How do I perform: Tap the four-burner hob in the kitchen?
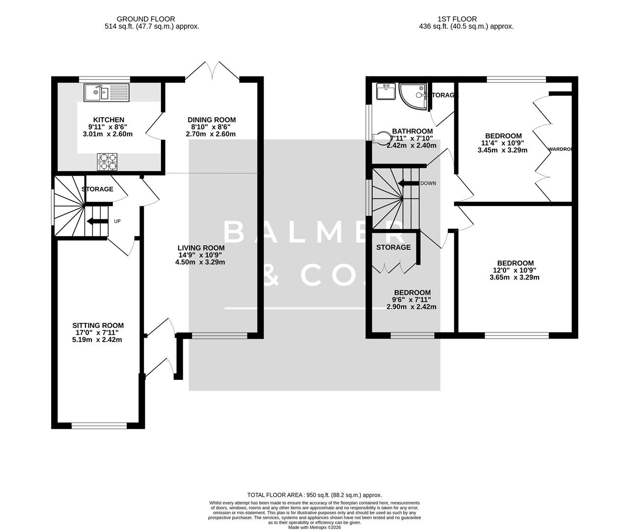click(x=108, y=161)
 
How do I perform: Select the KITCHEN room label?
click(x=109, y=120)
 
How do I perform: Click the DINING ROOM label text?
click(x=212, y=120)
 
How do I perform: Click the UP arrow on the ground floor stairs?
click(x=98, y=221)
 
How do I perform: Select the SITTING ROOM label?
click(x=98, y=325)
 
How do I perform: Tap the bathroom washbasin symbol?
click(x=385, y=91)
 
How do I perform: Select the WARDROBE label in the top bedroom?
click(x=560, y=149)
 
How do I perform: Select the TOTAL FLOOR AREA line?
click(x=314, y=495)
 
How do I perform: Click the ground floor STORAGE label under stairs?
click(x=97, y=189)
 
